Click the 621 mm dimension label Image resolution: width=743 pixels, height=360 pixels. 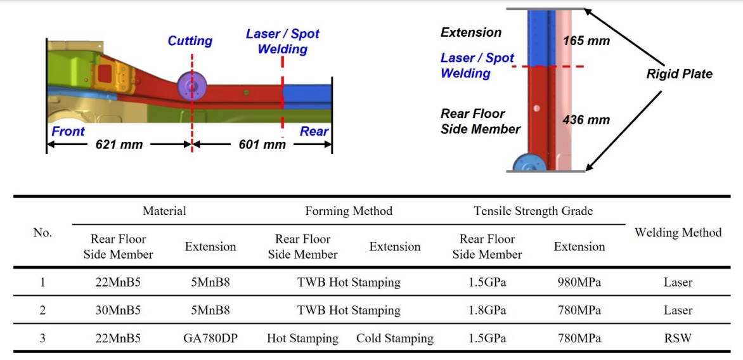[x=119, y=145]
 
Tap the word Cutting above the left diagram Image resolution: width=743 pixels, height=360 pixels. [x=190, y=41]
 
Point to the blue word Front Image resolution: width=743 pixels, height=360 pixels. [x=68, y=131]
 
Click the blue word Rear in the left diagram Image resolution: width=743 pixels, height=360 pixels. [x=314, y=131]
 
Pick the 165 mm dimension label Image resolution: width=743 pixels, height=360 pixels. [x=586, y=41]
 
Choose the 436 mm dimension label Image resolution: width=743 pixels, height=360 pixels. [x=586, y=120]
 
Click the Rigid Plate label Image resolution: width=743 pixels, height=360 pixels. [x=679, y=74]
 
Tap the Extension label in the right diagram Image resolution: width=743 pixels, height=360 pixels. [x=471, y=32]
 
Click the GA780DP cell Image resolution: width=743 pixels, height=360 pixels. [x=210, y=338]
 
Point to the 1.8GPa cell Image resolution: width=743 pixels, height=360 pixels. [x=487, y=311]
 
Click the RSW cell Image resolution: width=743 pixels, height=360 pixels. [x=678, y=338]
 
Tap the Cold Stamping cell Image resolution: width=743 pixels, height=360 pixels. [x=395, y=338]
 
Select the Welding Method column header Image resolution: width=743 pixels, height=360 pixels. [x=678, y=233]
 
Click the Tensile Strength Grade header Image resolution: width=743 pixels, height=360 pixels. [x=533, y=211]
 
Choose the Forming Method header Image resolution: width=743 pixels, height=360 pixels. [x=349, y=211]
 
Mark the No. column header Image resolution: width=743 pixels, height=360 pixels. [x=42, y=233]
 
